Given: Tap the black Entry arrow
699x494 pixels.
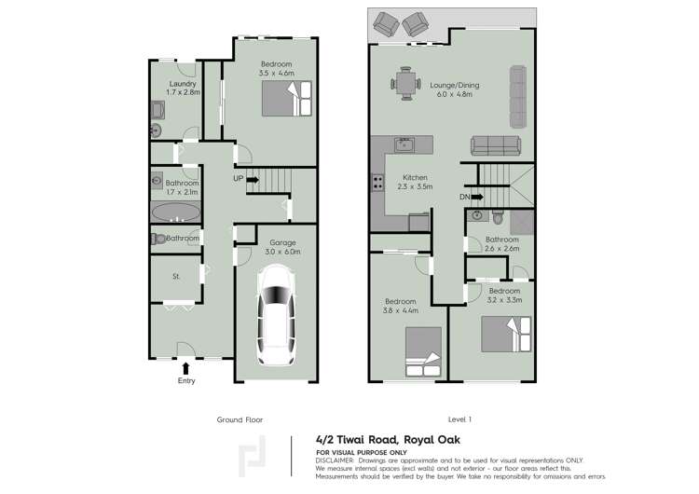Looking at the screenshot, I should [x=185, y=369].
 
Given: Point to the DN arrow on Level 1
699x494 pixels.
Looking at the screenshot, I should [x=476, y=197].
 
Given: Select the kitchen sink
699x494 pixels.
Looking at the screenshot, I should [x=404, y=144].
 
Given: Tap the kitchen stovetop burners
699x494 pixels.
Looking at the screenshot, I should [x=378, y=183].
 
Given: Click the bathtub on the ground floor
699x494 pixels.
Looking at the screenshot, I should [x=175, y=211].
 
